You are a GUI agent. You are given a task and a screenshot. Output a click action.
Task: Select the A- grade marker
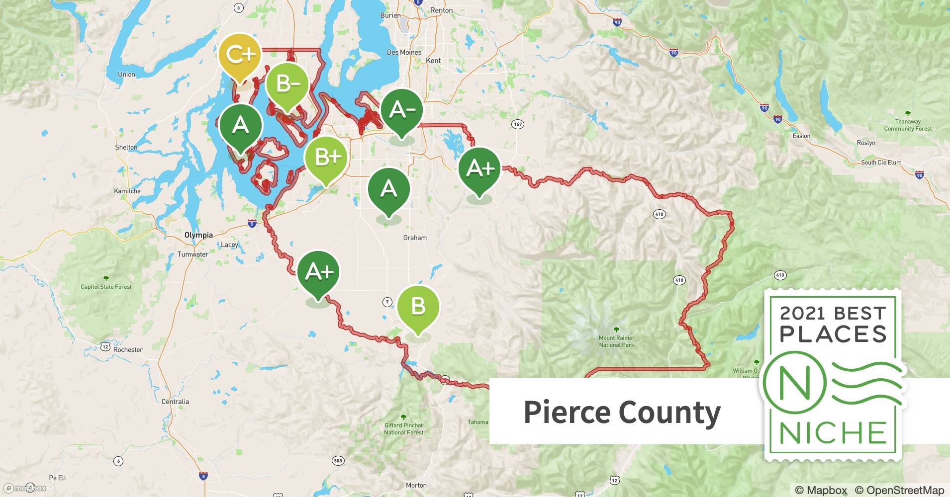click(x=402, y=110)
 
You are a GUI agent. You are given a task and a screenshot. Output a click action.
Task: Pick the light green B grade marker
click(x=418, y=307)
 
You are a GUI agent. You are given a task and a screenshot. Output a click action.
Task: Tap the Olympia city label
click(x=198, y=235)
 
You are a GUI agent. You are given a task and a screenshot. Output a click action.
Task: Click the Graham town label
click(x=415, y=238)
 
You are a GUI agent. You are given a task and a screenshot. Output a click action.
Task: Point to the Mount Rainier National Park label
click(x=616, y=341)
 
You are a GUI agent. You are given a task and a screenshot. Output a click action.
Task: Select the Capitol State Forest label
click(x=106, y=287)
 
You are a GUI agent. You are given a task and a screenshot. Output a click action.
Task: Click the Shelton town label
click(x=126, y=148)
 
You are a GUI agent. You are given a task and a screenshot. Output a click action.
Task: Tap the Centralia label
click(x=175, y=402)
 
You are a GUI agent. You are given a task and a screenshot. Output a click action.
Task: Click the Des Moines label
click(x=404, y=52)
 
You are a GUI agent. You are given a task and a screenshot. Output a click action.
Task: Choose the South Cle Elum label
click(x=881, y=163)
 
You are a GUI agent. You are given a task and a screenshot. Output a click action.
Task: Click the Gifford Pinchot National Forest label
click(x=403, y=428)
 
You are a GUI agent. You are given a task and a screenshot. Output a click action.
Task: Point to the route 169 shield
click(x=518, y=124)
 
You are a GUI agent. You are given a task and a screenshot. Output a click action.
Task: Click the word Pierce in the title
click(x=566, y=413)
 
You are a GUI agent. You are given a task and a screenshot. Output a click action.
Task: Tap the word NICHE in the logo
click(x=833, y=433)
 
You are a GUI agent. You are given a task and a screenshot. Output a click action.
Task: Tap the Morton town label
click(x=416, y=485)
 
